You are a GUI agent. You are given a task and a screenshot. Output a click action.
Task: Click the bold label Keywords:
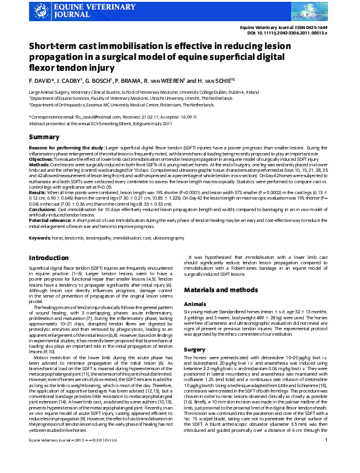[40, 238]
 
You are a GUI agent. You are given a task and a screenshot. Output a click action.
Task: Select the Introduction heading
[49, 258]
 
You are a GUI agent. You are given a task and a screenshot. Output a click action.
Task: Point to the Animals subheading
[196, 303]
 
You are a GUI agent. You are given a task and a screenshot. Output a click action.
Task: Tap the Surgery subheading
[195, 349]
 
